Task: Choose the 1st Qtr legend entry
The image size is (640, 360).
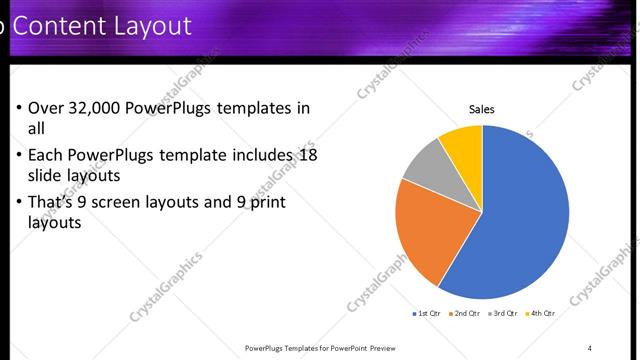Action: [x=427, y=314]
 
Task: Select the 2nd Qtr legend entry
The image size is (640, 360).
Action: [x=465, y=314]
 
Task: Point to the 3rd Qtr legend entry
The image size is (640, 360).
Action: [x=502, y=314]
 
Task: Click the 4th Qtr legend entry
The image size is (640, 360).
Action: [x=540, y=314]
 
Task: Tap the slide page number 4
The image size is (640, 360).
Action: [x=590, y=348]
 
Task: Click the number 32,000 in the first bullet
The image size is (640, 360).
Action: [x=100, y=108]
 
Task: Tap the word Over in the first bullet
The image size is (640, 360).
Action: [x=46, y=108]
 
